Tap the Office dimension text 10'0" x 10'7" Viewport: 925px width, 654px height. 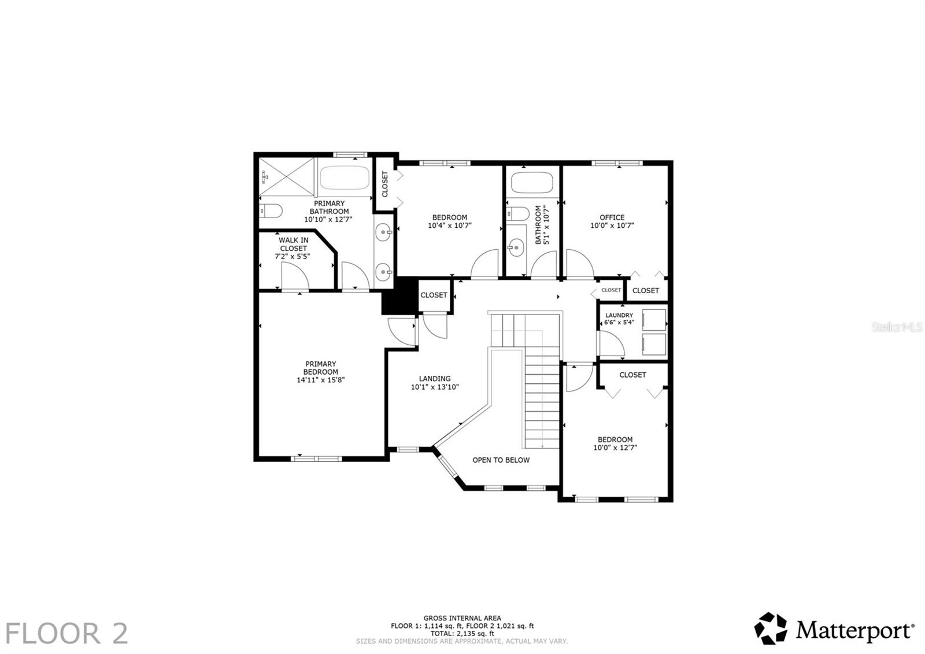click(x=612, y=226)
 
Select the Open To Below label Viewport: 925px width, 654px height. click(x=501, y=460)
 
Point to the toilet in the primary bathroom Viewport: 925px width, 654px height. click(x=270, y=211)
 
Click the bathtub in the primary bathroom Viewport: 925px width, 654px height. click(x=345, y=178)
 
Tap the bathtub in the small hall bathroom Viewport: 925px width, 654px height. click(x=532, y=182)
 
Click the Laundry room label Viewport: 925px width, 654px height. click(x=619, y=316)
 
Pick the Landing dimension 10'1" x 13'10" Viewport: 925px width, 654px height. click(x=435, y=387)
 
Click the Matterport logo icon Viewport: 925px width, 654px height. click(x=771, y=629)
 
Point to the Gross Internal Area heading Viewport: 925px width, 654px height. click(x=462, y=618)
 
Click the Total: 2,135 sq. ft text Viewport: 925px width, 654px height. click(x=462, y=633)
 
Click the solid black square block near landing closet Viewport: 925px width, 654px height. click(x=399, y=295)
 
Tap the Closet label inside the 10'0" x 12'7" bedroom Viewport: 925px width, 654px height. click(x=632, y=375)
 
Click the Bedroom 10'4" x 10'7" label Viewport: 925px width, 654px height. click(x=449, y=218)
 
